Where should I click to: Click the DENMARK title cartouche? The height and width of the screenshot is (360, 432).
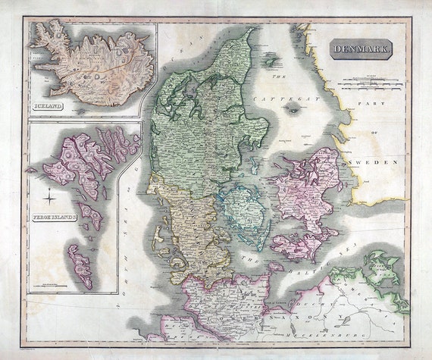[x=362, y=51]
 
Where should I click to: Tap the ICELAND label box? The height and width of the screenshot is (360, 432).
[x=48, y=108]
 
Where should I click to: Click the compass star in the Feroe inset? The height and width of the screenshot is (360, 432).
[x=49, y=199]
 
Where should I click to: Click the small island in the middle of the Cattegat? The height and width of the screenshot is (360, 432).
[x=292, y=108]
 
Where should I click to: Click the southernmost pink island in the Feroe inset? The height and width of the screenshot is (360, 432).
[x=79, y=265]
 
